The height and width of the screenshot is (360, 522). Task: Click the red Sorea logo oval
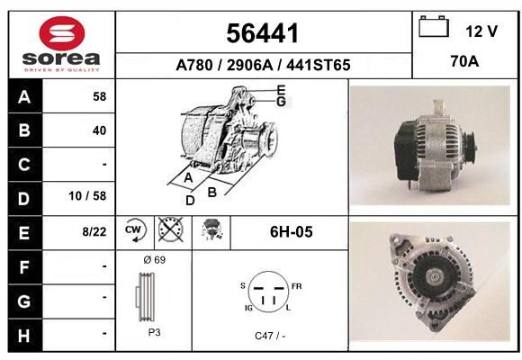pos(62,33)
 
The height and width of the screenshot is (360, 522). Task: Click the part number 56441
pos(262,33)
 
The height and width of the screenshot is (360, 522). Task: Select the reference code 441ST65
pos(319,65)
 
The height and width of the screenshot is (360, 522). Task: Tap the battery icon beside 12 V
pos(434,26)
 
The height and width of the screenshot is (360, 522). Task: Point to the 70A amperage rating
pos(464,61)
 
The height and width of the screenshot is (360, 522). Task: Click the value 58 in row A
pos(100,96)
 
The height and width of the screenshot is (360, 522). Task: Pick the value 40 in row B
pos(100,130)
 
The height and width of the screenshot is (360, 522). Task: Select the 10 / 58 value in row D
pos(87,196)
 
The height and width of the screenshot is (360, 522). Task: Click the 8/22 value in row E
pos(94,231)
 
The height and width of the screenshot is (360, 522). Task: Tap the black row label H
pos(25,335)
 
